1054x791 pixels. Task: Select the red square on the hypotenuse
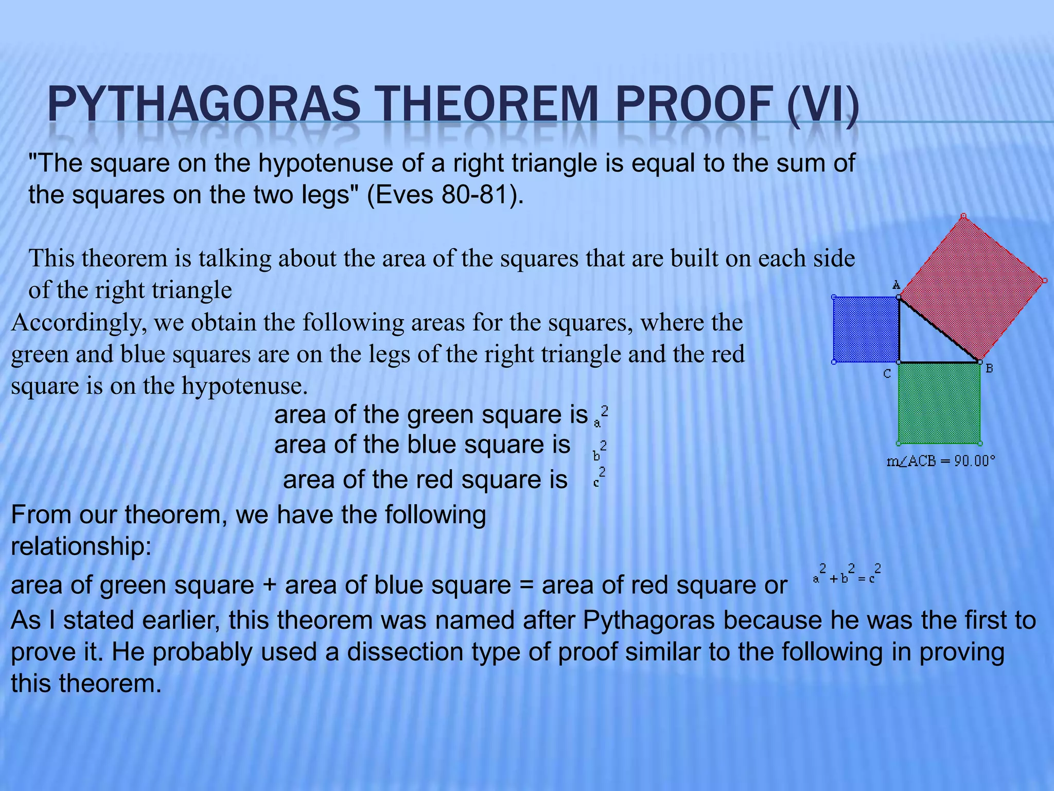coord(972,288)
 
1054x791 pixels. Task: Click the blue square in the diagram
coord(866,330)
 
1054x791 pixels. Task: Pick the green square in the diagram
coord(939,403)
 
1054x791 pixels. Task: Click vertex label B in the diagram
coord(989,369)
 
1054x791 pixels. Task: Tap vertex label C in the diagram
coord(887,374)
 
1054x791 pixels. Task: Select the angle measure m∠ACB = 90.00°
coord(941,461)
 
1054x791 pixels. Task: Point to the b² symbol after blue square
coord(600,451)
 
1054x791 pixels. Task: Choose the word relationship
coord(81,546)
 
